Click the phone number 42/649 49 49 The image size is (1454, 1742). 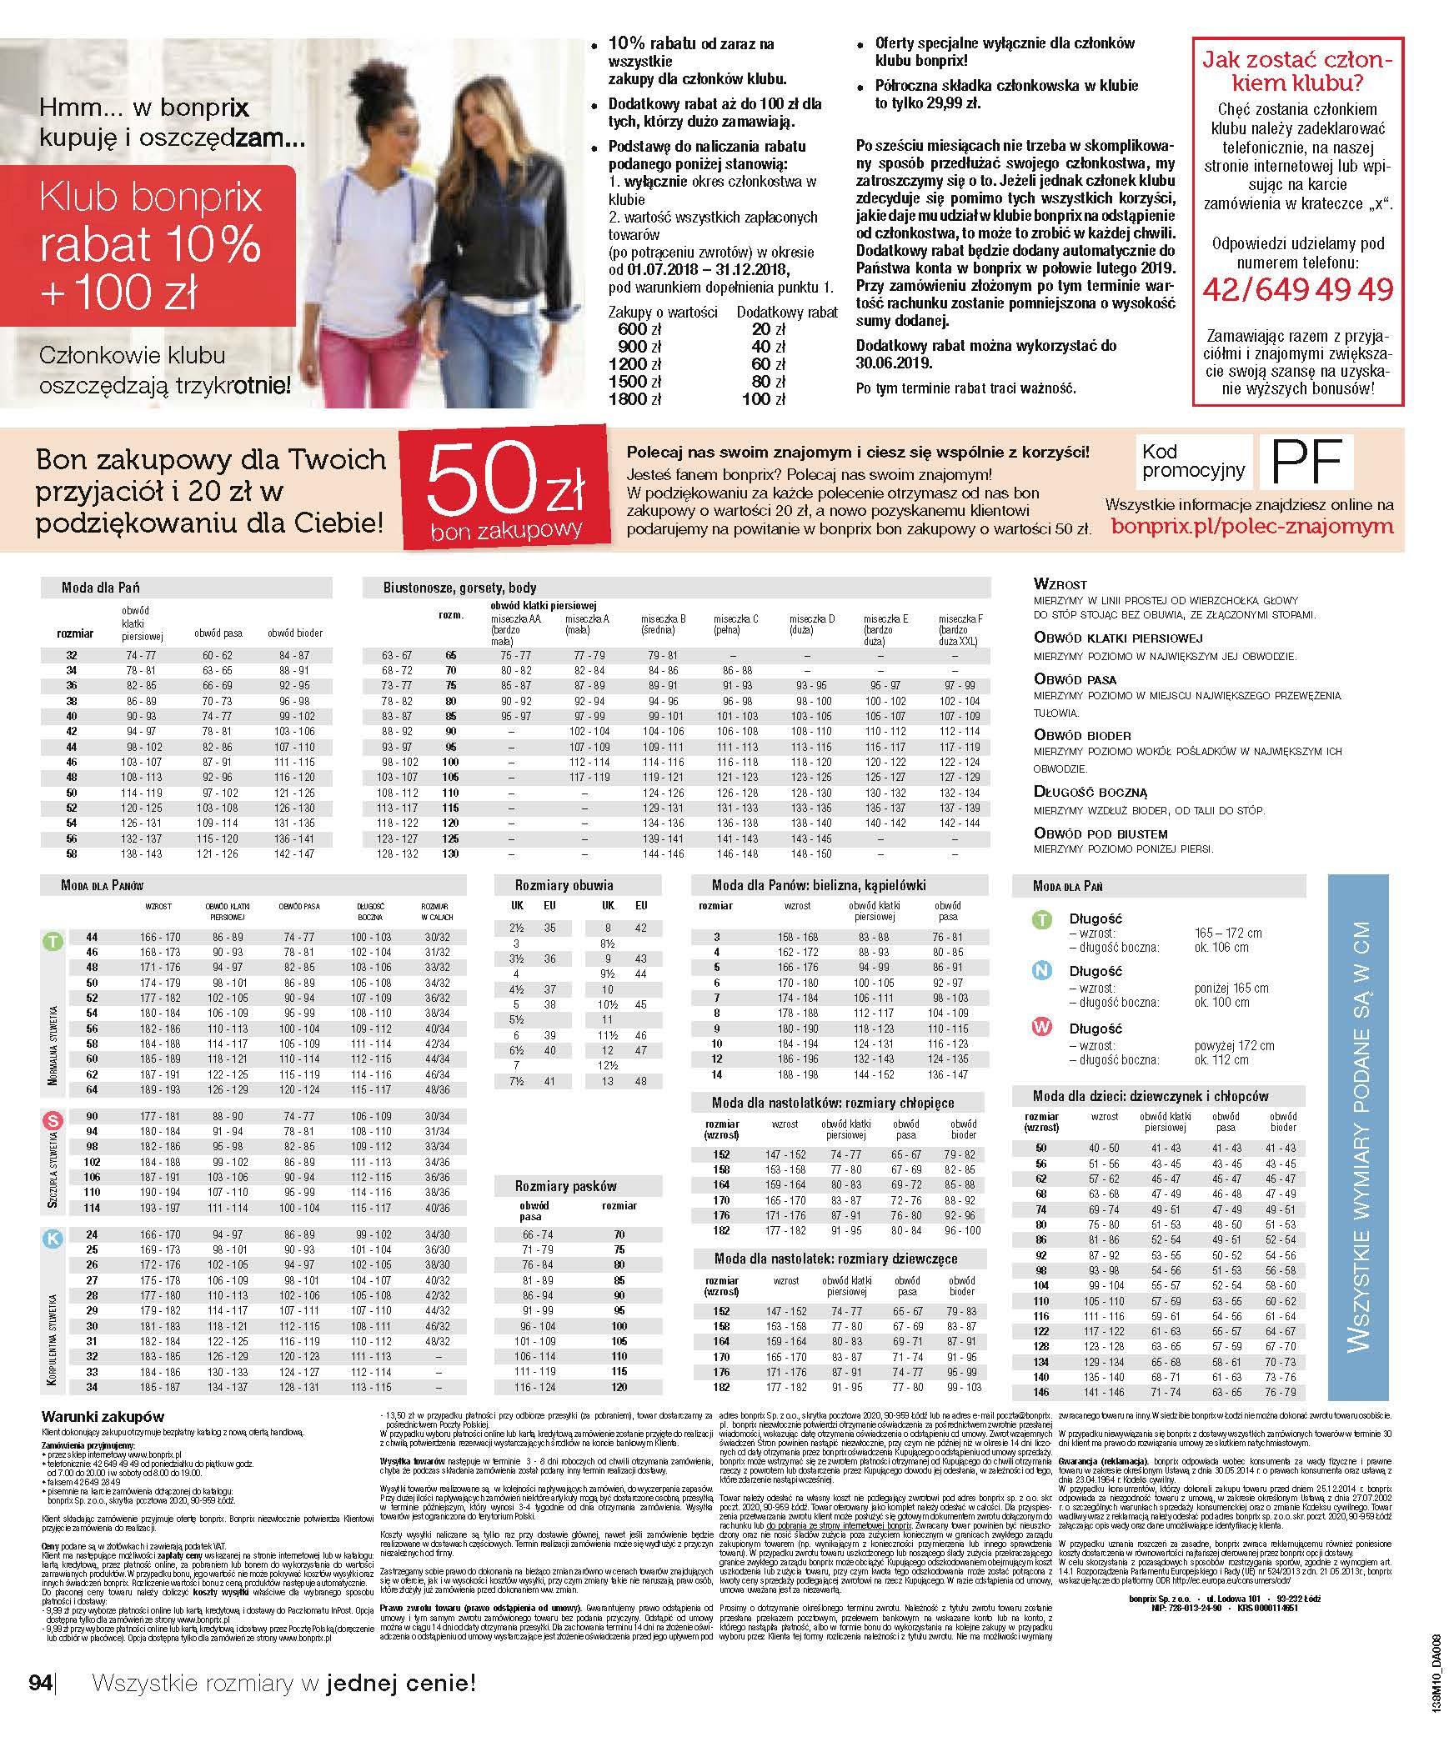pos(1297,289)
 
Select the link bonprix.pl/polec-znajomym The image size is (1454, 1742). pos(1252,526)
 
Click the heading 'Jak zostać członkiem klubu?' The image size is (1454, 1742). pos(1297,72)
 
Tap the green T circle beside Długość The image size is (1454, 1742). pos(1041,919)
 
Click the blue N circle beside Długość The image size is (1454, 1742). pos(1041,971)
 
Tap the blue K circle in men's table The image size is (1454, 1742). pos(53,1239)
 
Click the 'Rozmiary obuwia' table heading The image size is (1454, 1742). pos(564,885)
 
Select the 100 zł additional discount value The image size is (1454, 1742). pos(768,399)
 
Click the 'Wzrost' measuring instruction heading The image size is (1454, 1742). pos(1060,584)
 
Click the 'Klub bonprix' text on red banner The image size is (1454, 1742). pos(150,198)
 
